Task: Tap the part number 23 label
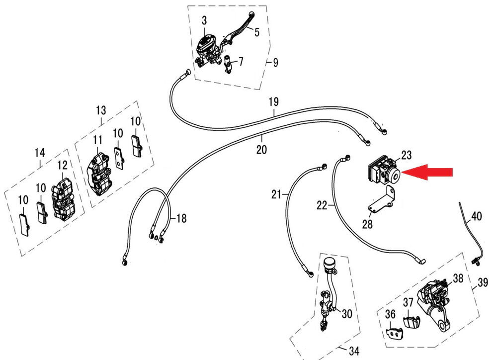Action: [x=407, y=156]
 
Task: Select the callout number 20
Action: [x=262, y=149]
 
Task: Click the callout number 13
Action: [x=101, y=109]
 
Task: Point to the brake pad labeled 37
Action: [x=410, y=320]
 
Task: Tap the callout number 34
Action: [x=353, y=352]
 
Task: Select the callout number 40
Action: [x=476, y=216]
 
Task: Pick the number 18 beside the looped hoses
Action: [x=181, y=218]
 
